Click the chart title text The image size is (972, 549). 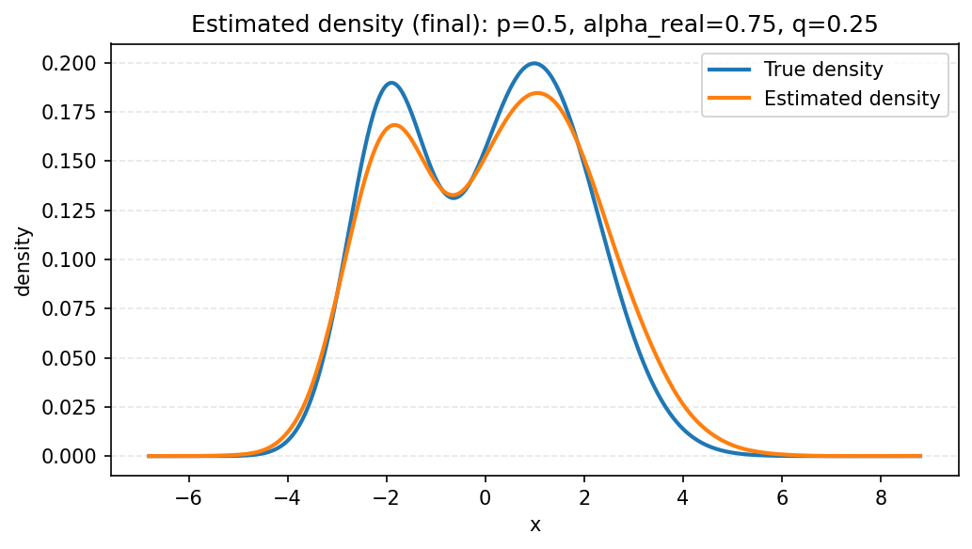534,24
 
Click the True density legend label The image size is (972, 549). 823,70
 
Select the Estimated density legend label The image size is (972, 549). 852,98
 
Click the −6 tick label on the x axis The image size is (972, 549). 188,498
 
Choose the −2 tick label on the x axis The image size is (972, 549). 386,498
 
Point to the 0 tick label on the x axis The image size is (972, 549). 486,498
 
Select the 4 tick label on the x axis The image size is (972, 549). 683,498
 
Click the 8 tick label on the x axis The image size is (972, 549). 881,498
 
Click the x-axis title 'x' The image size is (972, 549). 534,525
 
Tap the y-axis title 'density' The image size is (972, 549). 24,259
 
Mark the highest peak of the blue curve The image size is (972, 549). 534,63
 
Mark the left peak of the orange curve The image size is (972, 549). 393,125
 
